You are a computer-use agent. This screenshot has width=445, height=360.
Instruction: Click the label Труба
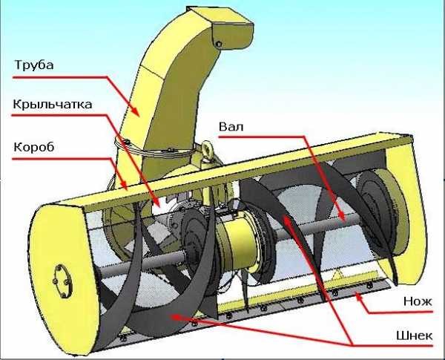34,65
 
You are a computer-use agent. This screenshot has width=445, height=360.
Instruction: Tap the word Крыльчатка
53,104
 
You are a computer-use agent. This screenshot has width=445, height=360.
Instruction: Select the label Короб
34,147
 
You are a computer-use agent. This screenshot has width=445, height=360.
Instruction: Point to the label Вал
231,126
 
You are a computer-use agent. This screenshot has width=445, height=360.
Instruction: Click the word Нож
418,301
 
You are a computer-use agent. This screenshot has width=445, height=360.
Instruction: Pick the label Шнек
414,336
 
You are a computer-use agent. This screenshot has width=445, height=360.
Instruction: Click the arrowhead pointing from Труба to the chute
136,112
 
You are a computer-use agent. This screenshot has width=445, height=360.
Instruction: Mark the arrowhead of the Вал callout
342,217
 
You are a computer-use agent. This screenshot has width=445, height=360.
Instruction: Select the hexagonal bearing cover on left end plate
62,281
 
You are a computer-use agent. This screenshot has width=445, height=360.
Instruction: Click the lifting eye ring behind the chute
207,148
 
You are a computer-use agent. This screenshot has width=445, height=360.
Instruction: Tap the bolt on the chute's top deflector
219,44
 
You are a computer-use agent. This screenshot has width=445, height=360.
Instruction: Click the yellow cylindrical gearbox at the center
238,243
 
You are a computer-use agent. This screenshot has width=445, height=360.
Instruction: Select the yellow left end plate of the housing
62,278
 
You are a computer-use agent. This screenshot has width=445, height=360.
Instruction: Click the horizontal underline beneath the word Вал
261,137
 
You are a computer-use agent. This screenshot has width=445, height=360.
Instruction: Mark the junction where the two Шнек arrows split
352,345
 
